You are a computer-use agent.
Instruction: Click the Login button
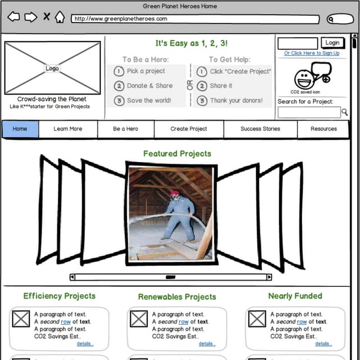tap(332, 43)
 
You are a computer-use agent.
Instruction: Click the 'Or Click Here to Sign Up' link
tap(312, 53)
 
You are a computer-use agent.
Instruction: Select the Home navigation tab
tap(20, 129)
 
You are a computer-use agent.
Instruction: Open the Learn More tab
tap(67, 129)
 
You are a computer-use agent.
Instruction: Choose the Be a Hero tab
tap(125, 129)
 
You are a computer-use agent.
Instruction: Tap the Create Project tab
tap(188, 129)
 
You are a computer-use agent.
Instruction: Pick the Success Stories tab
tap(260, 129)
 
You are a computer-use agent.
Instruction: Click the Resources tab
tap(324, 129)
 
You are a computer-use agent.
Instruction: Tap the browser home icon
tap(60, 17)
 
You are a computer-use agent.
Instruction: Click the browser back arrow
tap(13, 17)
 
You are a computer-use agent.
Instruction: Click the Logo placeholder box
tap(52, 68)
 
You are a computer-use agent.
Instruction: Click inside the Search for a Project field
tap(309, 112)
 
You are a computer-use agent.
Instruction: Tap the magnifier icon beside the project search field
tap(344, 112)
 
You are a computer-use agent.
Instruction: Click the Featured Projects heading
tap(177, 154)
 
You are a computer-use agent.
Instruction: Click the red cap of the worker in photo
tap(174, 193)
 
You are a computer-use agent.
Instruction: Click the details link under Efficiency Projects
tap(85, 344)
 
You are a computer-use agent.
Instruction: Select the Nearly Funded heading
tap(295, 296)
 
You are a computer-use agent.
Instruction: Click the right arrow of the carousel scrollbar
tap(269, 277)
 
